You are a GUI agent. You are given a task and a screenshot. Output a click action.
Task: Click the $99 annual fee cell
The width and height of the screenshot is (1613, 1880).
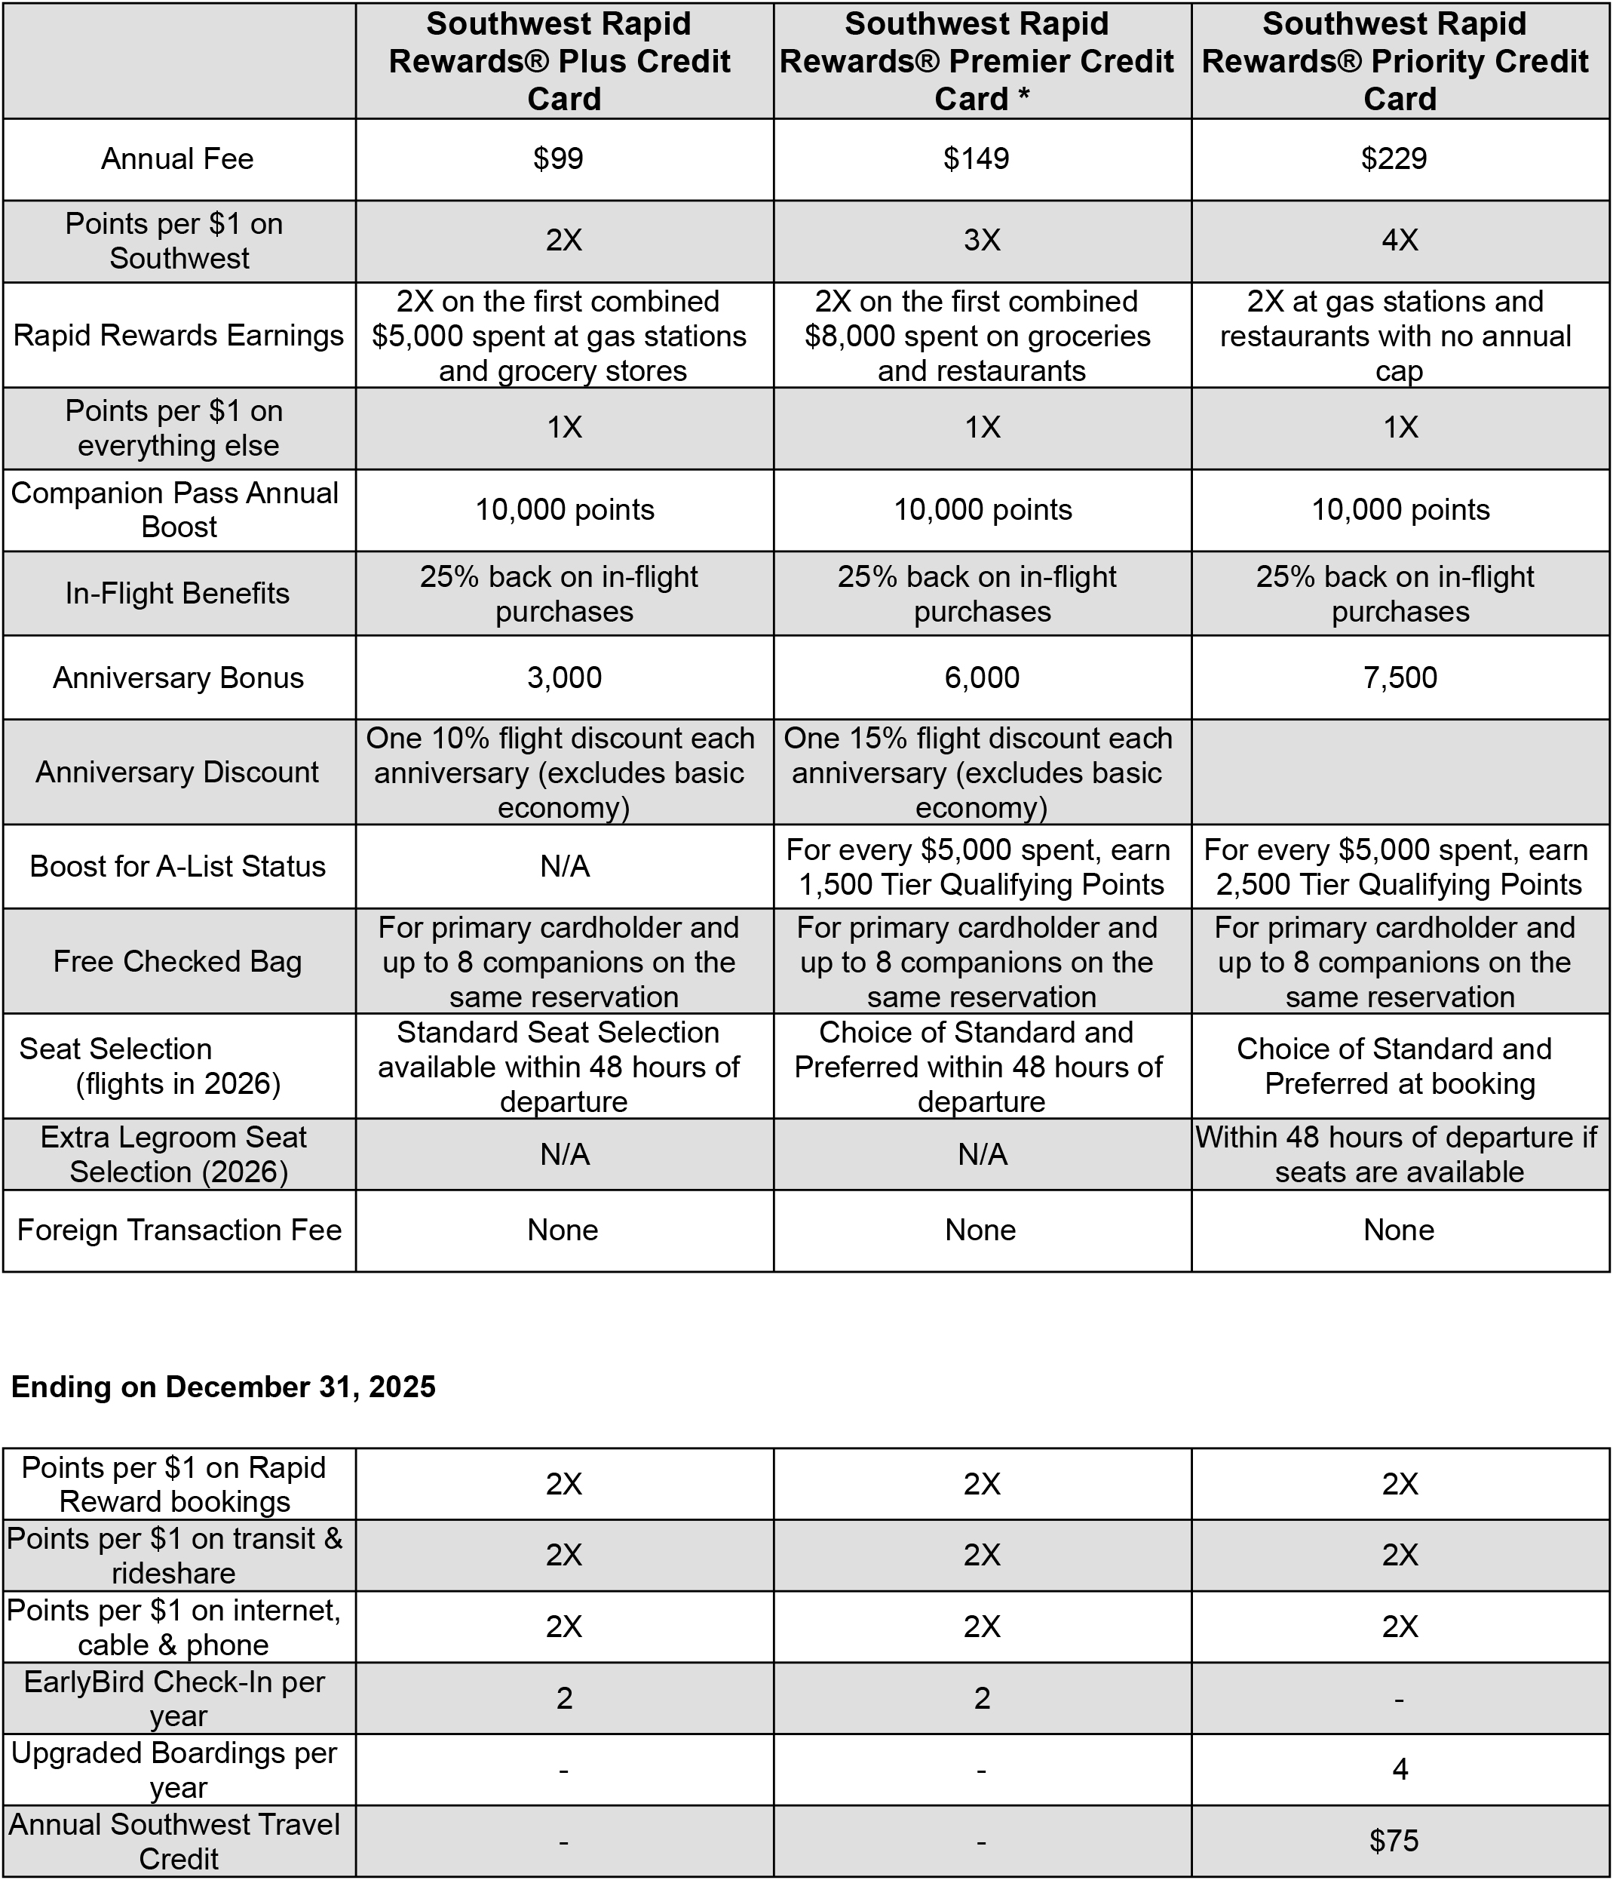(559, 158)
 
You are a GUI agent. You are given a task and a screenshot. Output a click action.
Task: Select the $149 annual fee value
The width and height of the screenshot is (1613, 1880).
(976, 158)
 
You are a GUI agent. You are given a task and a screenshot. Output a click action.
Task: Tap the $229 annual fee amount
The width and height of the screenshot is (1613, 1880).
(1394, 158)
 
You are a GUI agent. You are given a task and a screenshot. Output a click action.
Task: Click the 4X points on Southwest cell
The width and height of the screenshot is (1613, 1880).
(1400, 241)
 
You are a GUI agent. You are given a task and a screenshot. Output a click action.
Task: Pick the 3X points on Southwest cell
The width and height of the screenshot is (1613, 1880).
(982, 241)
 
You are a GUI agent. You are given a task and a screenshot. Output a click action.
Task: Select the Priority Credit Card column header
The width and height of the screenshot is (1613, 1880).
(1400, 61)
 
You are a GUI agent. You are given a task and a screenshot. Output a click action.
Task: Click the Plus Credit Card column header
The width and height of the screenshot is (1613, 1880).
(564, 61)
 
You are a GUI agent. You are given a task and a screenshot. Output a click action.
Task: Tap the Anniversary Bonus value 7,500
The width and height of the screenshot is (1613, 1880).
(1400, 677)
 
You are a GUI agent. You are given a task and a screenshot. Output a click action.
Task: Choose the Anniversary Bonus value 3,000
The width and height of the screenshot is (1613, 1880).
(564, 677)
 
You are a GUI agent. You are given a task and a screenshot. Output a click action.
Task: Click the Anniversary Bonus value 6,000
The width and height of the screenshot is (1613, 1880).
(982, 677)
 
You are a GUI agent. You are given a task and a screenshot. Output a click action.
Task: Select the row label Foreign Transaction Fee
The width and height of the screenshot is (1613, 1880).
(179, 1230)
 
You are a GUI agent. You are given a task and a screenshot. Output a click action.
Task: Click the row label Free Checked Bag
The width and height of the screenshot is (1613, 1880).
(178, 961)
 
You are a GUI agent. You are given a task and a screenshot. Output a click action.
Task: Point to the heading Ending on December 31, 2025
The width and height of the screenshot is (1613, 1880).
(223, 1387)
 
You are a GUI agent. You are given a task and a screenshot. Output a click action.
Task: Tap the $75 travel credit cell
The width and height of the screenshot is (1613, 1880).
(1394, 1841)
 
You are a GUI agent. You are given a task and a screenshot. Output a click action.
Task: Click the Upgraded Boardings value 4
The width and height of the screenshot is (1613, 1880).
(1400, 1769)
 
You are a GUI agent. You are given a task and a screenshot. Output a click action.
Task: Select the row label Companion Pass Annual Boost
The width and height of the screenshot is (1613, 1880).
(174, 509)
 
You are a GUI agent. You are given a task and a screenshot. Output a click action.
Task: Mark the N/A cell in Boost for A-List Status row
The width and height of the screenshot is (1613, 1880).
(564, 867)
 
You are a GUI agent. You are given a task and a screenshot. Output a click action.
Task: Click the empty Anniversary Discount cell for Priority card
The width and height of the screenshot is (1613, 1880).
(1400, 773)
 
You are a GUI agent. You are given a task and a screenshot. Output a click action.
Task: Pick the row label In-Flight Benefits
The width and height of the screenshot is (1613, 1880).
(178, 594)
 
